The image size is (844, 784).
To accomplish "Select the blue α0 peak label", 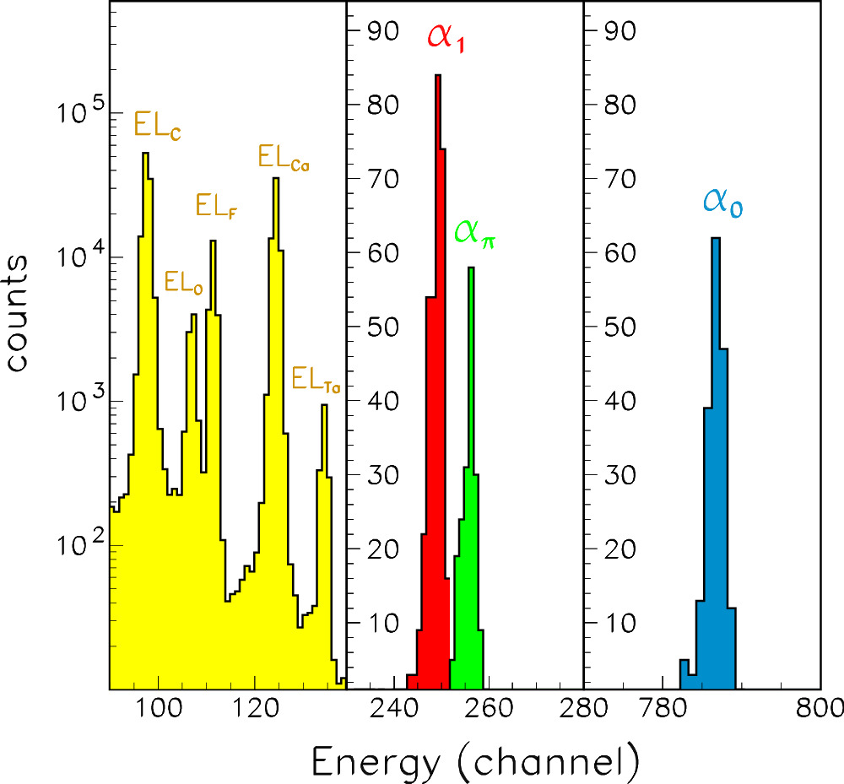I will [x=722, y=203].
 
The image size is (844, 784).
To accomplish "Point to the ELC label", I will [x=158, y=127].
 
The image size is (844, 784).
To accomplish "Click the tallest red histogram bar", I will [x=438, y=380].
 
